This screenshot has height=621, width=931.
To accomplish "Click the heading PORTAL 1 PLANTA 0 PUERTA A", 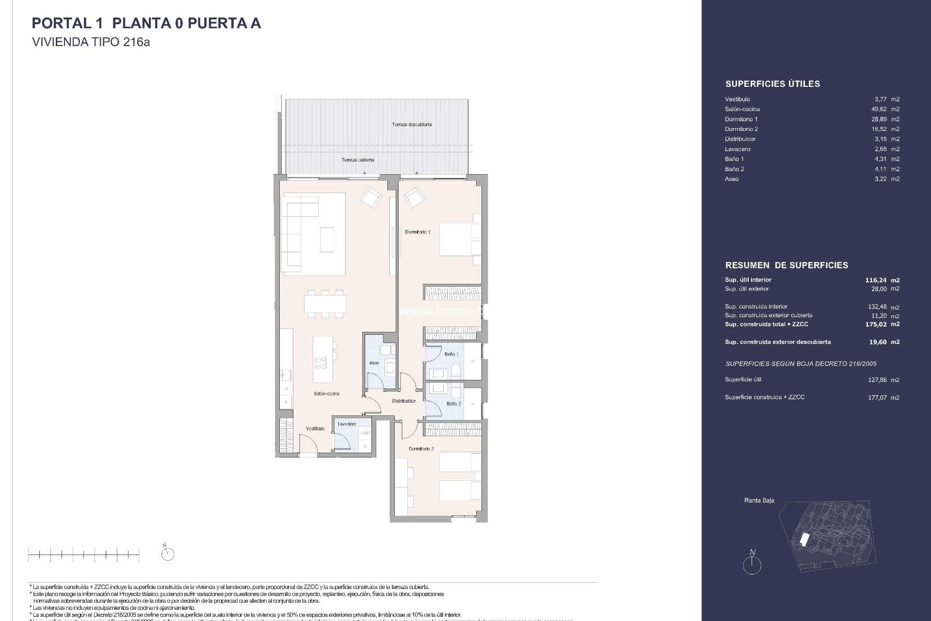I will click(x=146, y=23).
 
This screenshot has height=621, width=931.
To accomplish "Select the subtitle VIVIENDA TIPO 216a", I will click(x=91, y=42).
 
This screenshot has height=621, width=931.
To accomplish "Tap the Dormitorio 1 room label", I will click(x=417, y=232).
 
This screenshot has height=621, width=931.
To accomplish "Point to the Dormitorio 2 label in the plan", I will click(x=421, y=449).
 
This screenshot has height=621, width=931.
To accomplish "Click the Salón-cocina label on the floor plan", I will click(x=326, y=393).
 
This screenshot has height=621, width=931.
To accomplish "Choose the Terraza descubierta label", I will click(x=412, y=125).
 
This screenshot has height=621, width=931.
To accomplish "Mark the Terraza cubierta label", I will click(x=357, y=160).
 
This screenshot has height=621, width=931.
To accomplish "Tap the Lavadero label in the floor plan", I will click(x=347, y=424).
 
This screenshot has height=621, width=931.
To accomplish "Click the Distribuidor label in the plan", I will click(x=404, y=401).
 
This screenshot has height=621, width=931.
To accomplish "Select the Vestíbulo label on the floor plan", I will click(x=315, y=428).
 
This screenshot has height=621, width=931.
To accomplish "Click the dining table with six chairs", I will click(x=325, y=304).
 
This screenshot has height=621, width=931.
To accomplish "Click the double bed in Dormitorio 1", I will click(x=458, y=239).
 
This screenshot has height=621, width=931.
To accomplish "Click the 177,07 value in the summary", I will click(x=877, y=397).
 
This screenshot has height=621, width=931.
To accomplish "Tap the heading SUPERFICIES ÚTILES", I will click(x=772, y=84).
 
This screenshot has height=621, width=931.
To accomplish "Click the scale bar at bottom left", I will click(x=83, y=554).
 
